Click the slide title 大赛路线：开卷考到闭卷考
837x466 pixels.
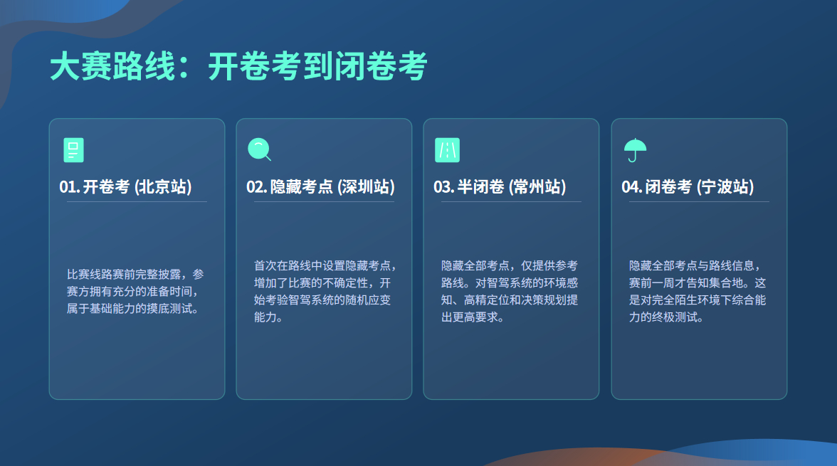(x=238, y=68)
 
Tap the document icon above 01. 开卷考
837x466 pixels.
(x=73, y=150)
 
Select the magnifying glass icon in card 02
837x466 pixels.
(x=259, y=149)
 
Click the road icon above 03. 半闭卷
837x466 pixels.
(x=447, y=150)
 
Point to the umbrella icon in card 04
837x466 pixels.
(x=635, y=150)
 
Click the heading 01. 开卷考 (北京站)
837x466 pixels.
(x=125, y=187)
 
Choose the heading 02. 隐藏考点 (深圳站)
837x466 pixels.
(x=320, y=187)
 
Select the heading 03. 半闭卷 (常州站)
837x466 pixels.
(x=500, y=187)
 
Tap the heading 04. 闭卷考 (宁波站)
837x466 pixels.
(x=688, y=187)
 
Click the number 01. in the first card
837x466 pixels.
(x=69, y=187)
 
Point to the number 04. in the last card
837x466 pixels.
(x=632, y=187)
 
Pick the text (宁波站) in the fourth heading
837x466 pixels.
(x=725, y=187)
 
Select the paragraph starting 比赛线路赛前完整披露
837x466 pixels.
(x=135, y=292)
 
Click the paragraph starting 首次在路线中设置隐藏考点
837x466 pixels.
(x=324, y=292)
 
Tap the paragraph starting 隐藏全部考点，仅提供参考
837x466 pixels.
(x=510, y=292)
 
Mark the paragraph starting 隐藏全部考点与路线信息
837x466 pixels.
(x=697, y=292)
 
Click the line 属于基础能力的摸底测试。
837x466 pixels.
(x=132, y=309)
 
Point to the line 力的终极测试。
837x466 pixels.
(x=666, y=317)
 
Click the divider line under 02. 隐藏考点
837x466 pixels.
(x=324, y=202)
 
